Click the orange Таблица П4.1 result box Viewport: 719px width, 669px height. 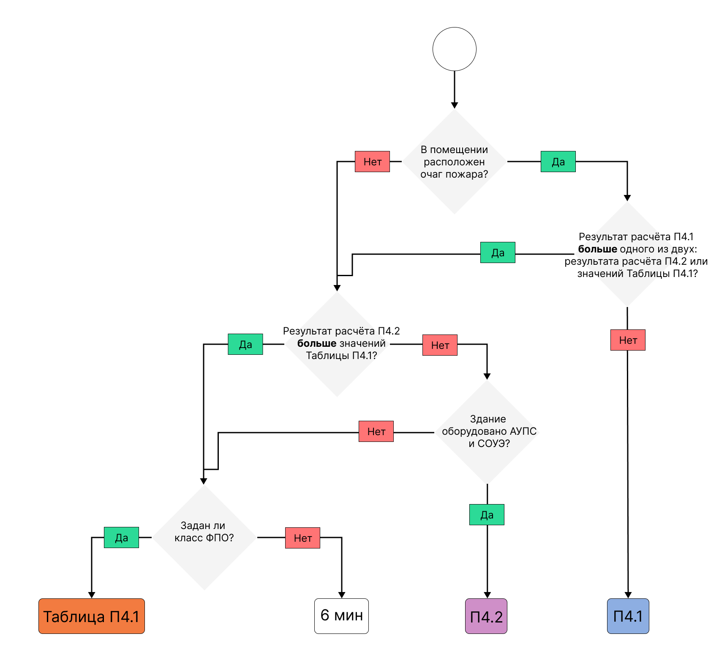tap(92, 616)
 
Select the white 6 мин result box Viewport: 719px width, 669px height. tap(341, 616)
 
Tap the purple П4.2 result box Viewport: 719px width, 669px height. tap(486, 616)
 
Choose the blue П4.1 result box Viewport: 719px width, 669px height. tap(628, 616)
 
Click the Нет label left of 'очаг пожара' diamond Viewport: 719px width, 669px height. tap(372, 162)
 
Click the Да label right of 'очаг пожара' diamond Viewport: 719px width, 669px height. tap(558, 162)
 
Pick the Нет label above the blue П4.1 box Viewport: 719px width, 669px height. tap(628, 340)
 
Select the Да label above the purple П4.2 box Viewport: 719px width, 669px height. tap(487, 515)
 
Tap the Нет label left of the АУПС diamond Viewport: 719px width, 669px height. tap(376, 431)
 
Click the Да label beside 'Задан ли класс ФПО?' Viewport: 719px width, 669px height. tap(121, 537)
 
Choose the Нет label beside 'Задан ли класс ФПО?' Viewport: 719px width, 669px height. tap(302, 538)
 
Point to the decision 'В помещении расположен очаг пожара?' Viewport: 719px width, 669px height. tap(455, 162)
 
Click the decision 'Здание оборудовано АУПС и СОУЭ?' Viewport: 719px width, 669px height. tap(488, 431)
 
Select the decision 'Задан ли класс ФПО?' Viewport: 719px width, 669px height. tap(204, 537)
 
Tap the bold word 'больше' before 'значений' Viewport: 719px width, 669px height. tap(317, 343)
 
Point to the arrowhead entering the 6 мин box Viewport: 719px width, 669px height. tap(342, 595)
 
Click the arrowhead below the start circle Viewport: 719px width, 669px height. tap(455, 105)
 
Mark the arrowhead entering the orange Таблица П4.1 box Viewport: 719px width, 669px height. tap(92, 595)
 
